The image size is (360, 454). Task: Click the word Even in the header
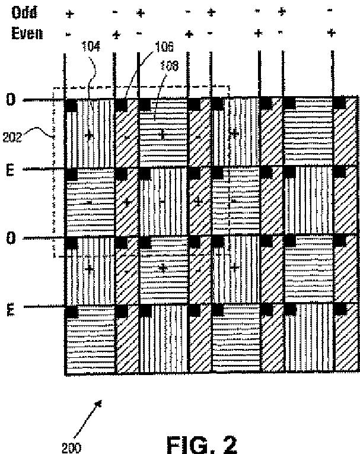(27, 33)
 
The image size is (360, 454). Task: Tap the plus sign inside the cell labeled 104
(89, 135)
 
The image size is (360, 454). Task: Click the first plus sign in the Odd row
(70, 12)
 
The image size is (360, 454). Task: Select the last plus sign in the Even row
(331, 34)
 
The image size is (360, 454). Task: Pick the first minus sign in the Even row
(69, 33)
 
